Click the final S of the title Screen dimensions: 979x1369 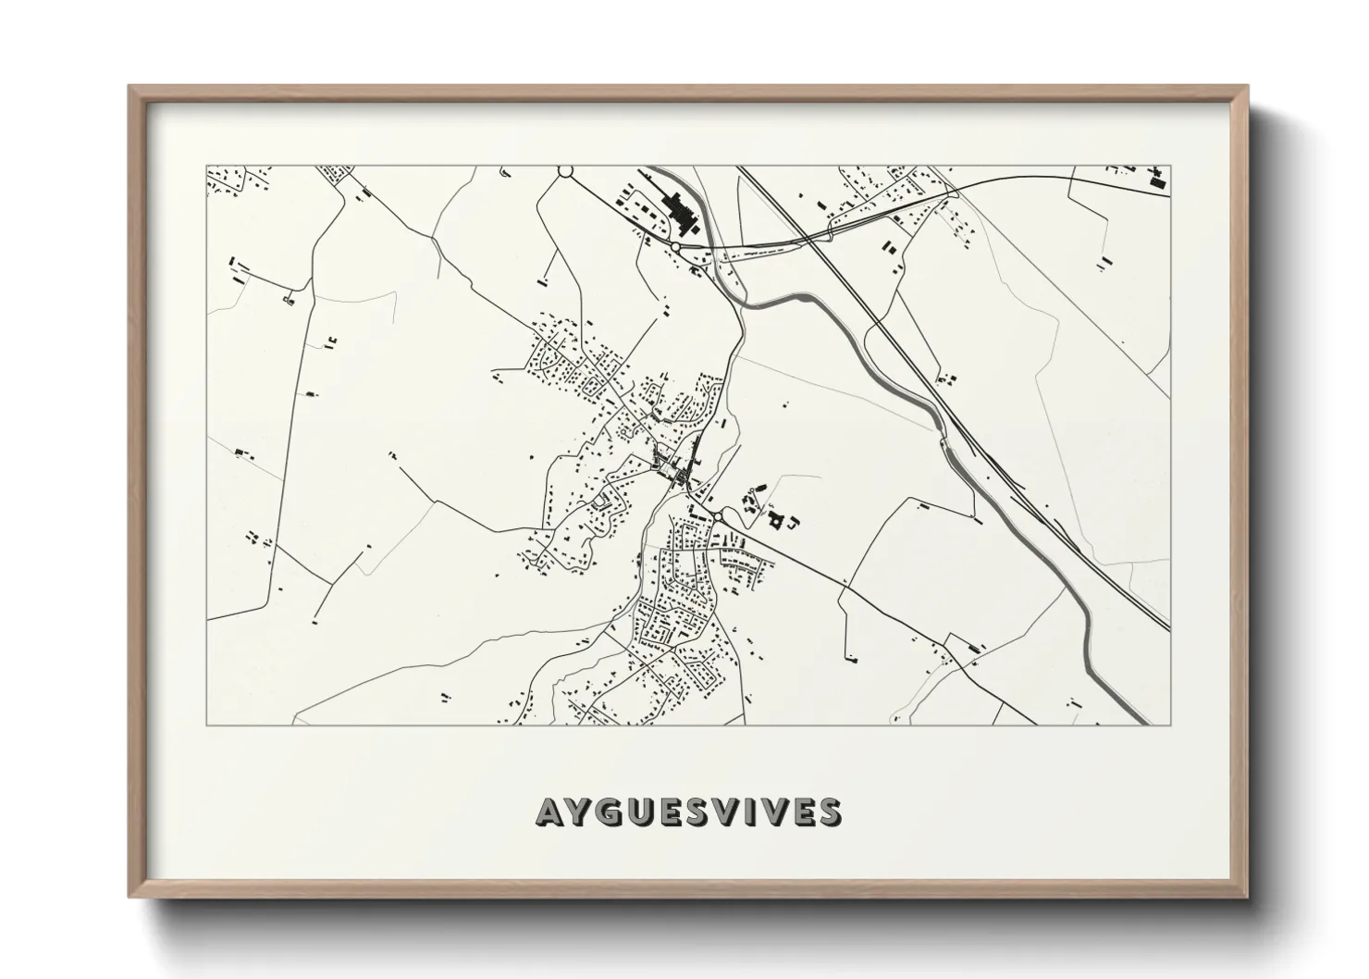(x=829, y=812)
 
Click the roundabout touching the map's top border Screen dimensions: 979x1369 (x=565, y=171)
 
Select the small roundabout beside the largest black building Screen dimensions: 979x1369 (x=676, y=247)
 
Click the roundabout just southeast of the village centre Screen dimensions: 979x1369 (x=717, y=514)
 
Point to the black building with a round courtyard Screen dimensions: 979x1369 (x=775, y=521)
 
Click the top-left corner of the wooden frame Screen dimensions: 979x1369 (x=129, y=86)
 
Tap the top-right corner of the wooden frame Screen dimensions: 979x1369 (x=1248, y=86)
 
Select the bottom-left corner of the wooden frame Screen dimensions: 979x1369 (x=129, y=897)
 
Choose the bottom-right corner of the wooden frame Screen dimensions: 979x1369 (x=1248, y=897)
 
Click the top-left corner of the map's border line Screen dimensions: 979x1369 (x=206, y=167)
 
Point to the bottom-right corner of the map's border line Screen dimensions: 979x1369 (x=1170, y=725)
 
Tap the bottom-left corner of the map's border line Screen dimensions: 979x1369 (x=206, y=725)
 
